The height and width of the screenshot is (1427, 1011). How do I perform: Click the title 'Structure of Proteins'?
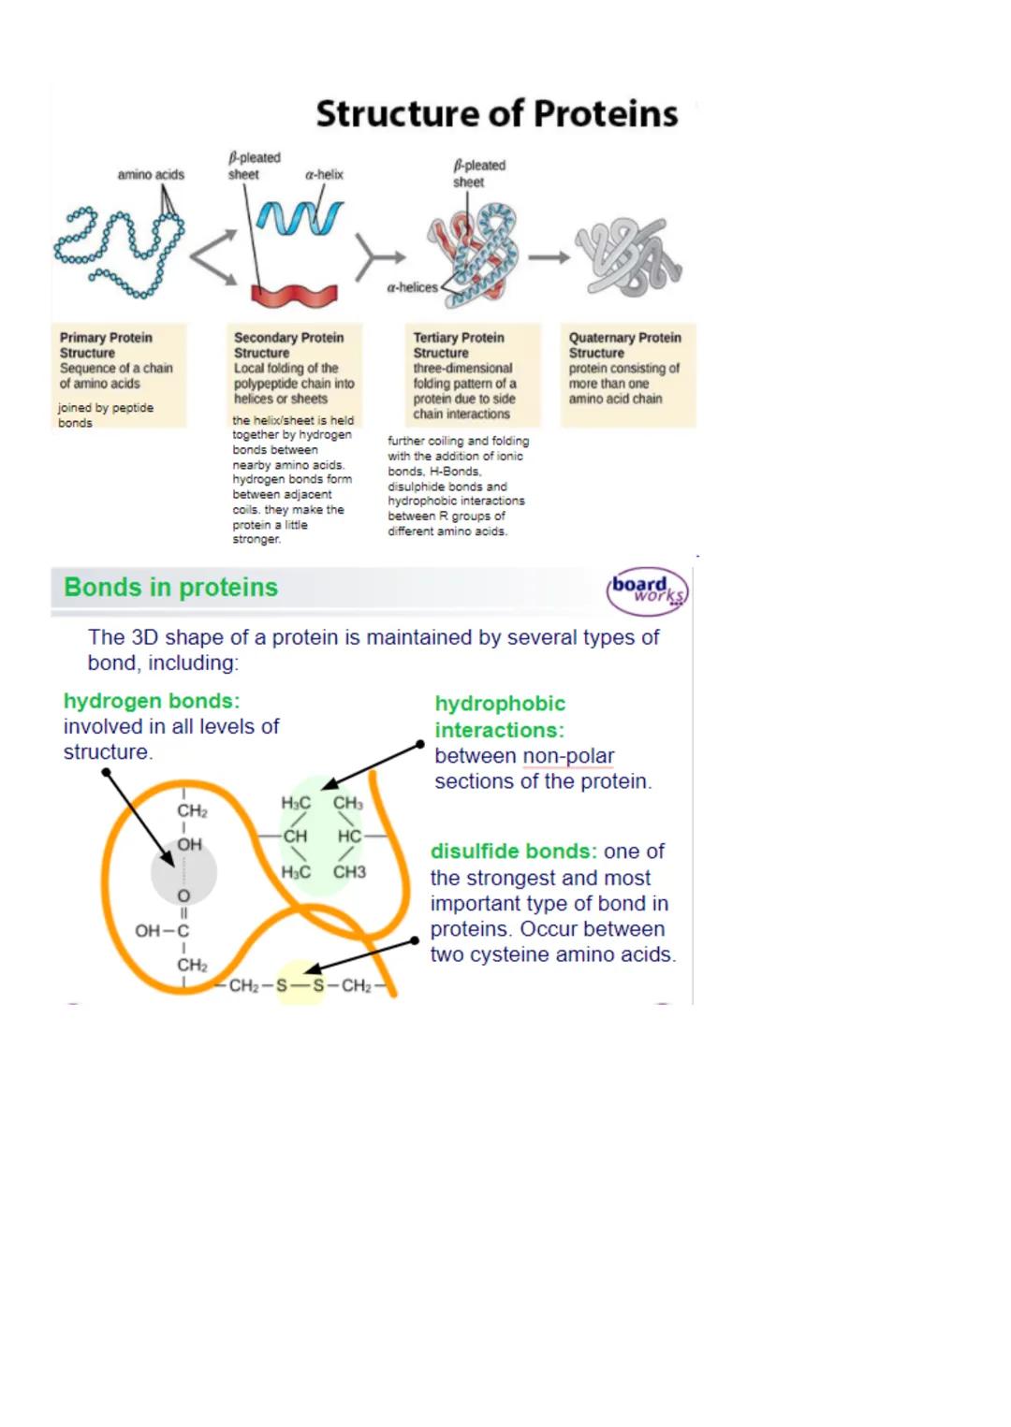(x=496, y=113)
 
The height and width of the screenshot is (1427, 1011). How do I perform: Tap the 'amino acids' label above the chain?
(x=151, y=175)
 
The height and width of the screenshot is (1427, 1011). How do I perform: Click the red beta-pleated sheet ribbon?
(x=293, y=295)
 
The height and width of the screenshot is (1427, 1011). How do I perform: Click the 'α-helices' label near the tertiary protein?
(x=412, y=288)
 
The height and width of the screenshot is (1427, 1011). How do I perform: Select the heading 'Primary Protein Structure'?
(x=105, y=345)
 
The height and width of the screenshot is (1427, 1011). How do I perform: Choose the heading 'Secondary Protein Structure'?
(x=288, y=345)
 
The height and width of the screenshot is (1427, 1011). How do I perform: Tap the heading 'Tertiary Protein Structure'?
(x=459, y=345)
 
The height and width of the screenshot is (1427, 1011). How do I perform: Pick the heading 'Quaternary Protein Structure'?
(x=624, y=345)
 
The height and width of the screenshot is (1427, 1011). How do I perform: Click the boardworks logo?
(x=647, y=591)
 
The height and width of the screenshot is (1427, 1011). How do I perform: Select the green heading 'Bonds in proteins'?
(x=170, y=588)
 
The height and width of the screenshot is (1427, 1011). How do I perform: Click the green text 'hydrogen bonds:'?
(x=152, y=701)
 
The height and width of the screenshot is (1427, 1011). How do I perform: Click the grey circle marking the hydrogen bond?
(x=183, y=872)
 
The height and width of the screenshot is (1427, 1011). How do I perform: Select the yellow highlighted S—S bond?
(x=300, y=985)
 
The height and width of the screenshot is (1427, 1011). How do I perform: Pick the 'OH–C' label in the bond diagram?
(x=162, y=931)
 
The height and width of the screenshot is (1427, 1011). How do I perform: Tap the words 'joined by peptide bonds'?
(x=105, y=415)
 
